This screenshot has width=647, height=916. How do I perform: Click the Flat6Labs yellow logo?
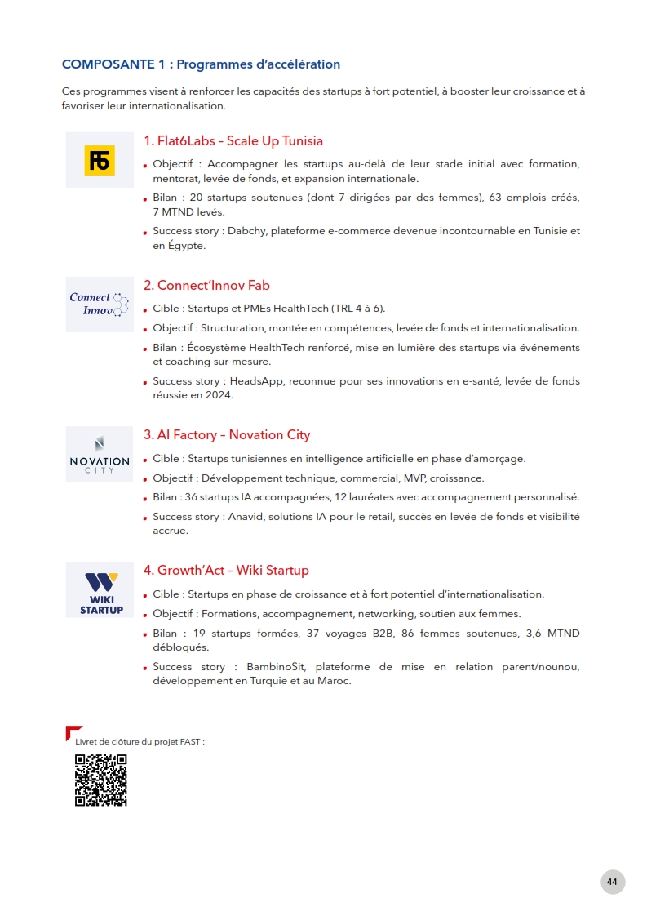(100, 160)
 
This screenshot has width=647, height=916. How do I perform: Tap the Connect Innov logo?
(100, 304)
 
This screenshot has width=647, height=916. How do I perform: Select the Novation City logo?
(100, 455)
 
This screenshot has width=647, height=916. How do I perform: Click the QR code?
(101, 780)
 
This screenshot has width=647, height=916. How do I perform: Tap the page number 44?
(612, 882)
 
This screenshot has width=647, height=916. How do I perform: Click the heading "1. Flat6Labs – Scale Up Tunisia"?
(233, 140)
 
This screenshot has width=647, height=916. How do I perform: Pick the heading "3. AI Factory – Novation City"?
(227, 434)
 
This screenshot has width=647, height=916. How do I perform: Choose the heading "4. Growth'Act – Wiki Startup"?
(226, 570)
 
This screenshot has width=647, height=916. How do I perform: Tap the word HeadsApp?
(259, 381)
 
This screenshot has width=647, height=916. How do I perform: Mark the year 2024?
(221, 395)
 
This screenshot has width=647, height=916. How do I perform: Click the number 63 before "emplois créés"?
(495, 198)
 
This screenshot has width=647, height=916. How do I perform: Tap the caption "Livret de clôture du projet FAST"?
(140, 741)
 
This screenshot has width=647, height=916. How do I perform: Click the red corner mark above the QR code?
(72, 731)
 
